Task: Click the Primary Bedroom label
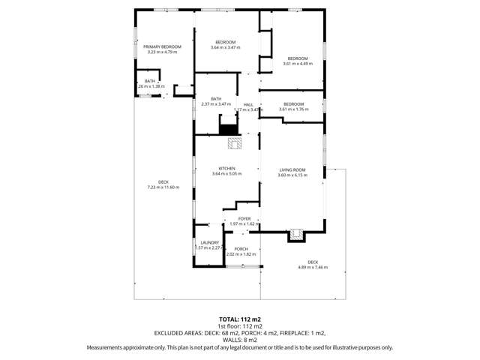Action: pos(162,46)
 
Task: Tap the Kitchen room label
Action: pos(226,168)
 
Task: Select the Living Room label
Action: pos(292,169)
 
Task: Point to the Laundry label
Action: pos(209,242)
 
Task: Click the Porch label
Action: pos(241,248)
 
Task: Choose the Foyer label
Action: pos(244,218)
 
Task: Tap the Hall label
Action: pos(248,104)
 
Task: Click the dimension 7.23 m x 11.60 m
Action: pos(163,187)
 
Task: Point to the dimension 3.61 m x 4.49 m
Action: pos(297,64)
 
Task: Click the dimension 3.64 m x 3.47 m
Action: pos(226,47)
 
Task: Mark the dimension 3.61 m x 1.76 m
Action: pos(293,109)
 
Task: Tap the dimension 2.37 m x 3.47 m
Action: pos(216,104)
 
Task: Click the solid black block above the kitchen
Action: pos(228,129)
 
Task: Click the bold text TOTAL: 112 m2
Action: pos(240,319)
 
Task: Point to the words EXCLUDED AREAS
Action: pos(181,333)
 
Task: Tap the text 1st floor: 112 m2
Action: pos(240,326)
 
